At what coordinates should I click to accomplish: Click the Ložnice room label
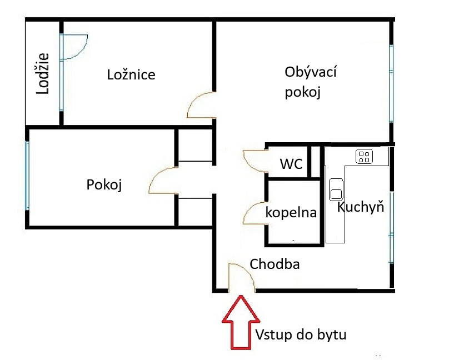131,74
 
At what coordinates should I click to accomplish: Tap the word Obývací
311,72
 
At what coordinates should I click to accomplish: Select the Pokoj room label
104,184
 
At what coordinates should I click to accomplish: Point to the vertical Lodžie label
43,73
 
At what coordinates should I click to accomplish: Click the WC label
291,164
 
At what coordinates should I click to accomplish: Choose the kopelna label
291,213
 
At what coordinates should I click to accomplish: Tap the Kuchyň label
361,207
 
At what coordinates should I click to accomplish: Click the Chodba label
275,264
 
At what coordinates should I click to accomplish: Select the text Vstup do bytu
301,334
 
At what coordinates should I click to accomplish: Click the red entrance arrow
241,322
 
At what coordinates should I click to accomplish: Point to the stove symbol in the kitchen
364,156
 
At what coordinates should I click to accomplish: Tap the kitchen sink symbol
336,189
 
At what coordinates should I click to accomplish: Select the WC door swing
255,161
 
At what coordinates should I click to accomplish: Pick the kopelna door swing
255,213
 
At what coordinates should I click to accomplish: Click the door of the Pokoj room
163,181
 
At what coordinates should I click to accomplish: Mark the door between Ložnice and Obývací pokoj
201,105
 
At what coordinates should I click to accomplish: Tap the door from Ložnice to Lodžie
73,47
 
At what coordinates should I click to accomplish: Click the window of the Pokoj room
27,176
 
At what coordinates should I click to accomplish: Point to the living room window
391,83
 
